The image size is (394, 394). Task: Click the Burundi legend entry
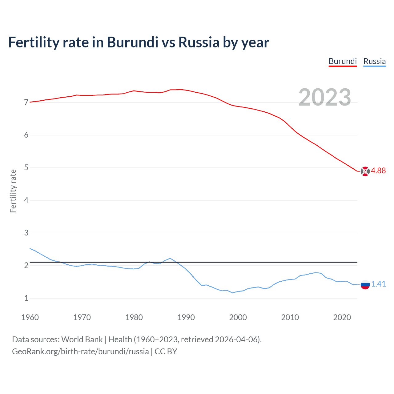343,61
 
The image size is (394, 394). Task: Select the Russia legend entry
374,61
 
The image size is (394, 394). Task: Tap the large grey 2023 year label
324,97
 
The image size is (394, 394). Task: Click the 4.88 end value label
378,171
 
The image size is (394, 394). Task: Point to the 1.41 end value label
378,284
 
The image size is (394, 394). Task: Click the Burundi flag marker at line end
365,171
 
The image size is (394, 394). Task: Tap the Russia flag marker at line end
365,285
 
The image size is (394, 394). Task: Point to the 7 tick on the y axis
26,102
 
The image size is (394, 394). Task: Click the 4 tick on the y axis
26,200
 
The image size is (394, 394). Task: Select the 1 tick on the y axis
26,298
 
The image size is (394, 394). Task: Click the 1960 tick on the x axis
30,317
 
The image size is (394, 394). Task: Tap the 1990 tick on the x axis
186,317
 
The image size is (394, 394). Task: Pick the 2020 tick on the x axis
342,317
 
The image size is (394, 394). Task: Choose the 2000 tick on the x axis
238,317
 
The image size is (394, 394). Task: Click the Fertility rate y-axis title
13,191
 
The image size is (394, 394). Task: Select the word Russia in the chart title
199,42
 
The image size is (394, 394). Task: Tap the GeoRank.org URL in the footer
80,352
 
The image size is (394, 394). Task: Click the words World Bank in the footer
82,340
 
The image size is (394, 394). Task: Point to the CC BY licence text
166,352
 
